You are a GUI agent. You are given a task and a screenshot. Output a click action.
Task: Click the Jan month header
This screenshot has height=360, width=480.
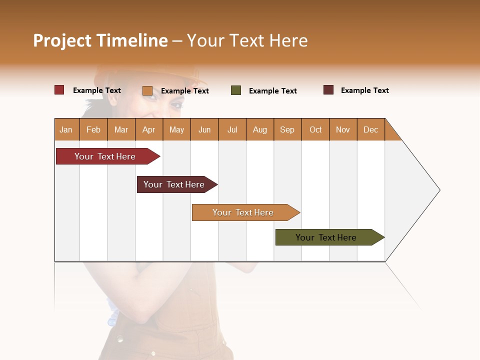pyautogui.click(x=66, y=129)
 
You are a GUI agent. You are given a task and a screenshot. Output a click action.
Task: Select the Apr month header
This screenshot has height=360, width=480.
pyautogui.click(x=148, y=129)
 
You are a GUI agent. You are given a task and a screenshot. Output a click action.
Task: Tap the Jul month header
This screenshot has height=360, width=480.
pyautogui.click(x=232, y=129)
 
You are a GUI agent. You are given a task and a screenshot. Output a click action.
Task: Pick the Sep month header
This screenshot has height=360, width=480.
pyautogui.click(x=287, y=129)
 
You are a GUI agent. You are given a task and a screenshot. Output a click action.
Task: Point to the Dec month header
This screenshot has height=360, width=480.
pyautogui.click(x=370, y=129)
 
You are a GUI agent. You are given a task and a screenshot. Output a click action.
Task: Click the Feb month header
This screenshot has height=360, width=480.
pyautogui.click(x=93, y=129)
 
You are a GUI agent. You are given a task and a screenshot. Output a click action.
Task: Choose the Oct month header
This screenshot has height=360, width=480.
pyautogui.click(x=315, y=129)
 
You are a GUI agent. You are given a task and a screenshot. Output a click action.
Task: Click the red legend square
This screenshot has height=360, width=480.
pyautogui.click(x=59, y=90)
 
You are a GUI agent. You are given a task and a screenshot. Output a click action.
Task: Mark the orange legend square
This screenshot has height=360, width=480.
pyautogui.click(x=147, y=90)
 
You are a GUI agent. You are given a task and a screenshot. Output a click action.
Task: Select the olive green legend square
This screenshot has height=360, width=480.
pyautogui.click(x=236, y=90)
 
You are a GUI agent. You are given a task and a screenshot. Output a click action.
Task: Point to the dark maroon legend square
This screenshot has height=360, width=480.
pyautogui.click(x=328, y=90)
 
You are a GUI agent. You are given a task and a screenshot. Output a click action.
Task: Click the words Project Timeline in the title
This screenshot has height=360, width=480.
pyautogui.click(x=100, y=40)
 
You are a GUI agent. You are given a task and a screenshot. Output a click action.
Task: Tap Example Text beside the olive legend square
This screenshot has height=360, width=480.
pyautogui.click(x=272, y=91)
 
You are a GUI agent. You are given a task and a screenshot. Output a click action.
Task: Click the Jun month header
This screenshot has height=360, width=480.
pyautogui.click(x=204, y=129)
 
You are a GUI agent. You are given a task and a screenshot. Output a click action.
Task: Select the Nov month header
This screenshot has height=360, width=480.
pyautogui.click(x=343, y=129)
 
